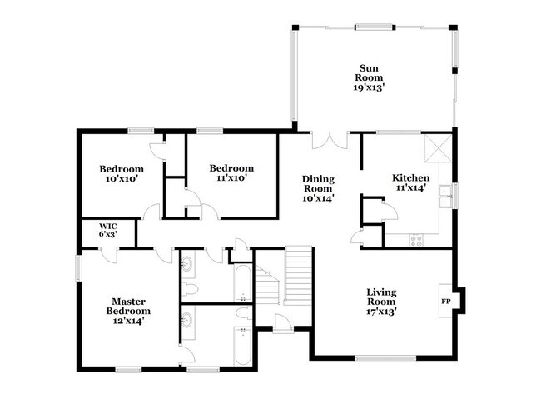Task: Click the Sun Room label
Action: tap(370, 77)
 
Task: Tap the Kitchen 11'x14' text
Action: tap(410, 182)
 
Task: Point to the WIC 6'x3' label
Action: tap(108, 231)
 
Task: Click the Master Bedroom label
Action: tap(128, 310)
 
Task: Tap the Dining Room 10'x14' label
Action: tap(317, 187)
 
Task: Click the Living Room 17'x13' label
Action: tap(381, 302)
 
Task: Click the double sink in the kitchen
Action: tap(445, 196)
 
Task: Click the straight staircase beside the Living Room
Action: tap(297, 276)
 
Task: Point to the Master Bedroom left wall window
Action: tap(78, 268)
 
